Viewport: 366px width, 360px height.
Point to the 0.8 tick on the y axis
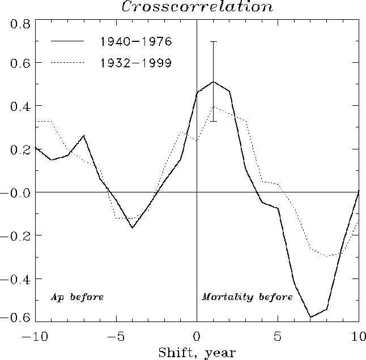coord(21,24)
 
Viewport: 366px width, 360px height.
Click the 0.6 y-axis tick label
coord(21,63)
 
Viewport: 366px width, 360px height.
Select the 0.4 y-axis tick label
coord(21,106)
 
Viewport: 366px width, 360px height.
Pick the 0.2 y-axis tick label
coord(21,149)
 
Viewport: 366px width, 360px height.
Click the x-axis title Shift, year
coord(196,352)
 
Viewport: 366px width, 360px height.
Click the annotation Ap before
coord(77,297)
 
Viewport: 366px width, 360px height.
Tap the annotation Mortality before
coord(247,297)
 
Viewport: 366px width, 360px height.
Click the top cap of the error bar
coord(213,41)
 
